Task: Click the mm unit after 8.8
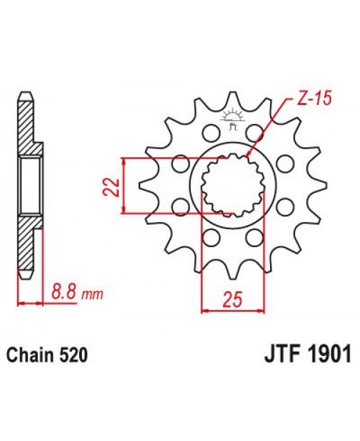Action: click(x=93, y=294)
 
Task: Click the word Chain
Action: click(x=30, y=355)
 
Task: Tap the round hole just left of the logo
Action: click(x=210, y=133)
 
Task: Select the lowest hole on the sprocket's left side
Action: click(x=210, y=239)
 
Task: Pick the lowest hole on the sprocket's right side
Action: click(x=253, y=239)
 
